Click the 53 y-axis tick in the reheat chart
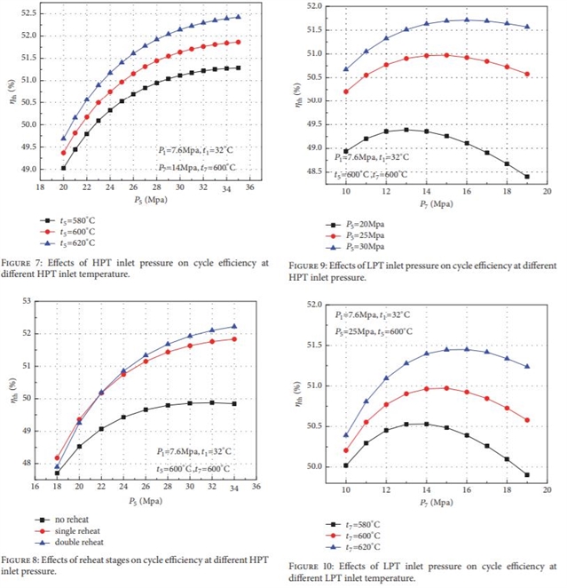(28, 301)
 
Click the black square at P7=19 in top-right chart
(527, 177)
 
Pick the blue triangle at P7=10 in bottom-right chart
(346, 435)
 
